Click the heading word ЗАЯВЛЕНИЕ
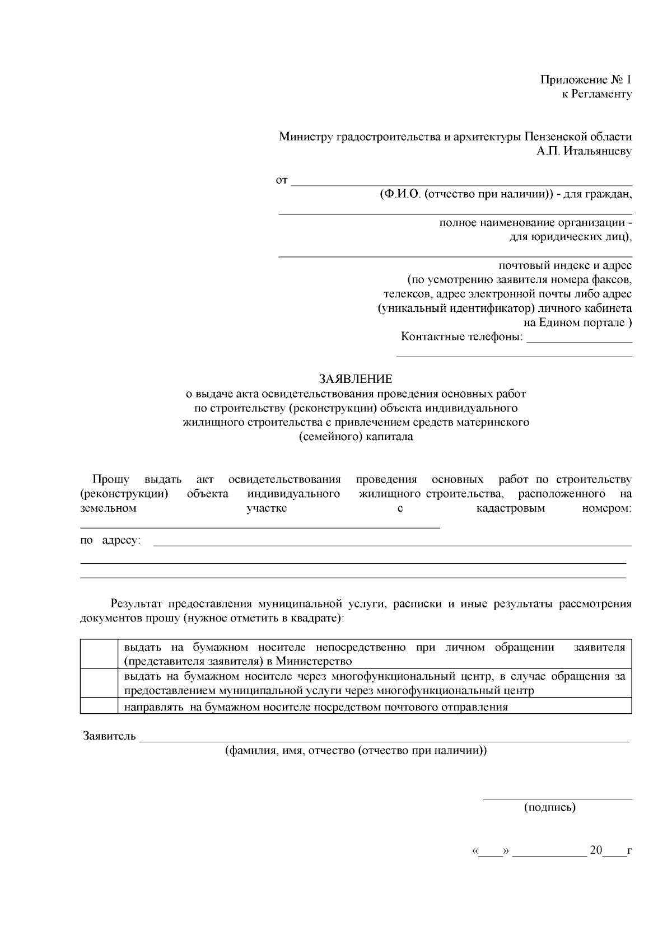pyautogui.click(x=356, y=379)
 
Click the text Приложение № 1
pyautogui.click(x=586, y=79)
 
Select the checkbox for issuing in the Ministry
pyautogui.click(x=98, y=654)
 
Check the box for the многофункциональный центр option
pyautogui.click(x=98, y=683)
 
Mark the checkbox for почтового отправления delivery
pyautogui.click(x=98, y=706)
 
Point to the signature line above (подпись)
pyautogui.click(x=557, y=797)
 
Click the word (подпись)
pyautogui.click(x=549, y=807)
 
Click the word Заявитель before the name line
pyautogui.click(x=109, y=736)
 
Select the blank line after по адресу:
pyautogui.click(x=392, y=544)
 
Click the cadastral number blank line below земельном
pyautogui.click(x=260, y=526)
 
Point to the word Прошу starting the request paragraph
pyautogui.click(x=111, y=479)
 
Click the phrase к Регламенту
pyautogui.click(x=597, y=94)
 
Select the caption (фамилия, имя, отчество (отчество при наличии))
pyautogui.click(x=356, y=751)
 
